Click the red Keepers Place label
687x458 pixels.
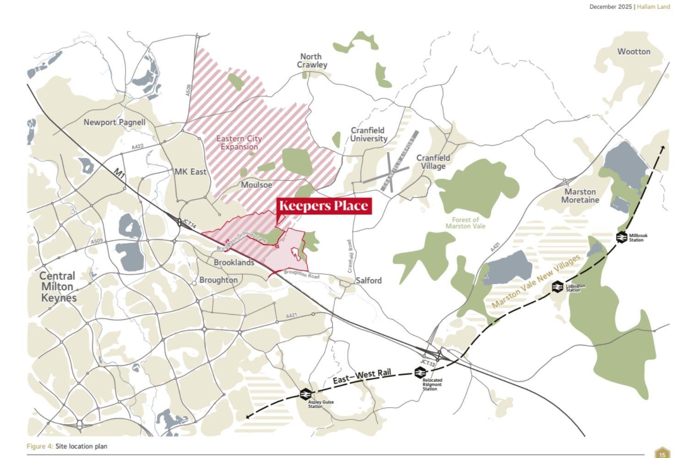click(x=324, y=206)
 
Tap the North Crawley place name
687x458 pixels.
click(x=312, y=60)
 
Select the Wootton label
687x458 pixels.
click(x=633, y=51)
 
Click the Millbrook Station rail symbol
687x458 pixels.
click(x=622, y=237)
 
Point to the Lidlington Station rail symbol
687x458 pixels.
click(x=557, y=287)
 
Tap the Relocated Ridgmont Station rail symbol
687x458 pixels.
click(x=420, y=373)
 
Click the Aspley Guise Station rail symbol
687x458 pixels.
click(x=305, y=394)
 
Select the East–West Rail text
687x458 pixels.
click(x=362, y=377)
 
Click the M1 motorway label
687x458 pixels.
click(x=120, y=174)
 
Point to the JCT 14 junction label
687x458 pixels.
click(x=189, y=224)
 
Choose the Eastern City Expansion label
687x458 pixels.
click(x=239, y=142)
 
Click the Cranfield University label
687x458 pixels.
click(x=369, y=134)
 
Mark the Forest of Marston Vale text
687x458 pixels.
click(x=465, y=223)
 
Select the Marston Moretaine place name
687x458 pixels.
click(x=580, y=196)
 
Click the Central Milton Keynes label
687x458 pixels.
click(x=58, y=287)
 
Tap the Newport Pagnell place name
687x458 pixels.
click(x=114, y=122)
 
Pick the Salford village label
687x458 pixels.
click(x=369, y=280)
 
